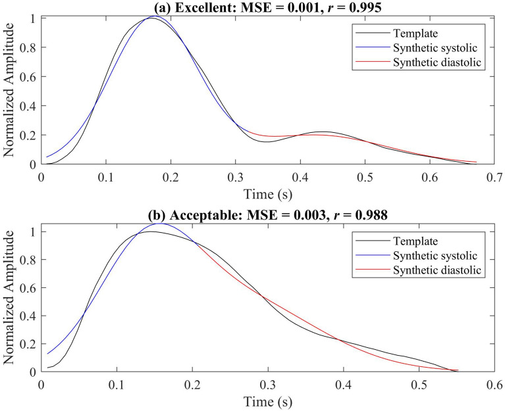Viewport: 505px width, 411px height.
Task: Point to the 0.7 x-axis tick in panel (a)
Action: pyautogui.click(x=493, y=176)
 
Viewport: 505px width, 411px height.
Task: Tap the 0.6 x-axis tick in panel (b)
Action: pyautogui.click(x=493, y=384)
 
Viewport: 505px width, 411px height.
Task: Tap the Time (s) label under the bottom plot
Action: pyautogui.click(x=267, y=401)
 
